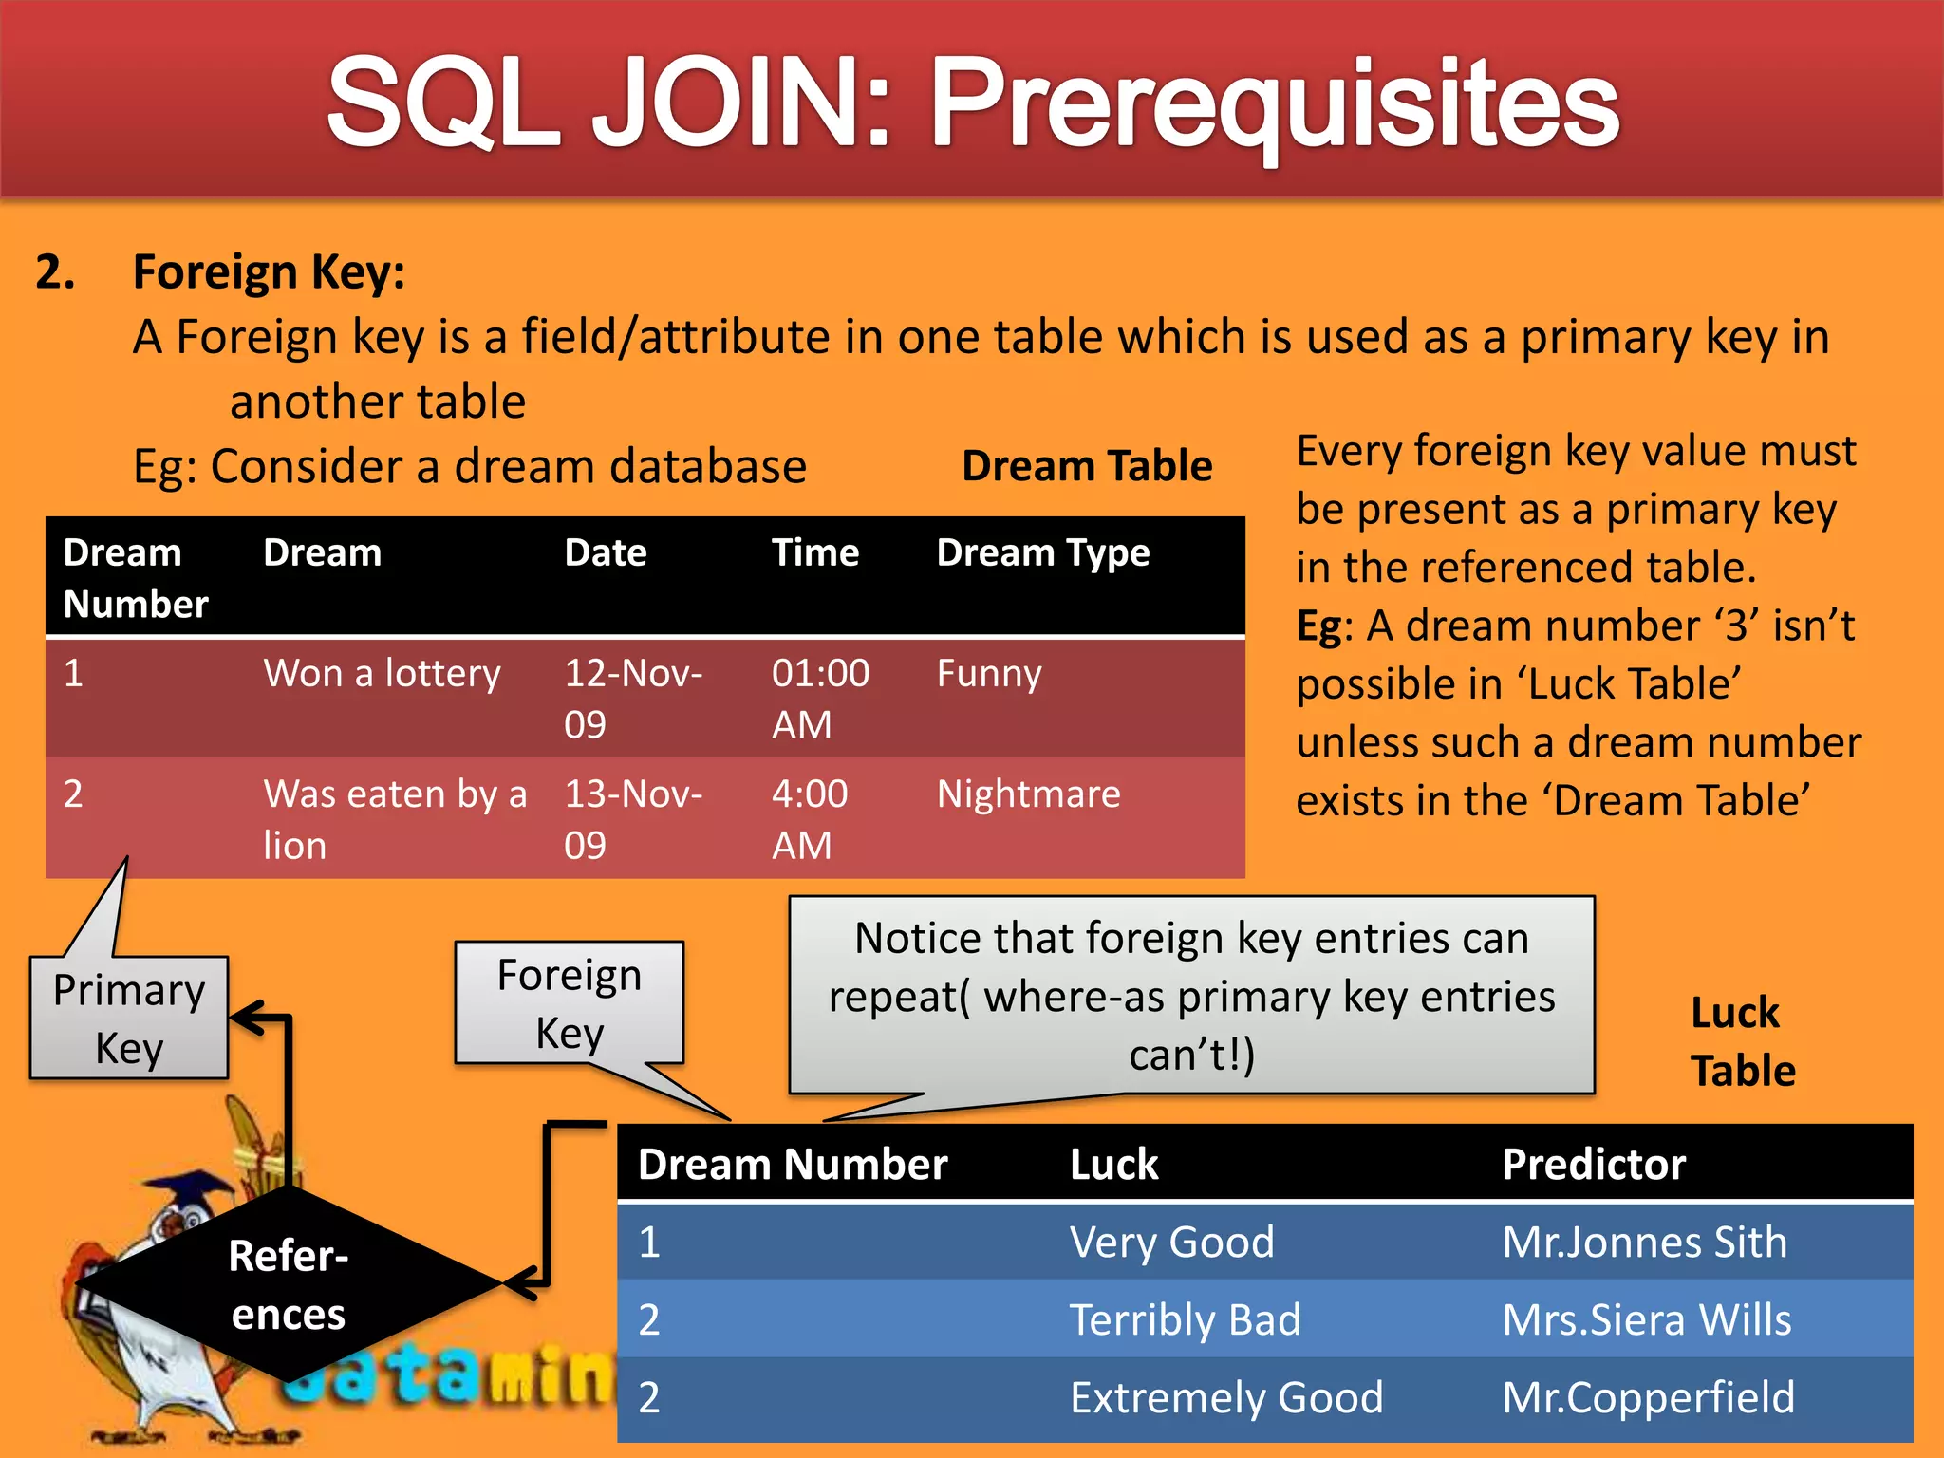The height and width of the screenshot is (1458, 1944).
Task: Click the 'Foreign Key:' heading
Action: pyautogui.click(x=269, y=272)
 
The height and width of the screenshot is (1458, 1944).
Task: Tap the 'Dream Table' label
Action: pyautogui.click(x=1087, y=466)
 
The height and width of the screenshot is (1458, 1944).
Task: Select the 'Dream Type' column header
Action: pyautogui.click(x=1042, y=552)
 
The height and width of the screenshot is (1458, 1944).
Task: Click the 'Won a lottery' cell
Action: pyautogui.click(x=382, y=674)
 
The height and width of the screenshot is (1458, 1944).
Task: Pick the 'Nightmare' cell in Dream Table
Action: pyautogui.click(x=1028, y=794)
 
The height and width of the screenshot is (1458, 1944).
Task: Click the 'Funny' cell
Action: pyautogui.click(x=988, y=674)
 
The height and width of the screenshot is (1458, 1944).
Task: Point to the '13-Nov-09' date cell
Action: pyautogui.click(x=632, y=818)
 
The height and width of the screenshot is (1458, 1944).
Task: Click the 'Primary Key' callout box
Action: pyautogui.click(x=129, y=1019)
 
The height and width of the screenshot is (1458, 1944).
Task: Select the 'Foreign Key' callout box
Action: pyautogui.click(x=569, y=1003)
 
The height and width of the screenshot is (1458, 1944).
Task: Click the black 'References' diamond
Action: pyautogui.click(x=289, y=1284)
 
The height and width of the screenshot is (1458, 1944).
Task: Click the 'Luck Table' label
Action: pyautogui.click(x=1742, y=1041)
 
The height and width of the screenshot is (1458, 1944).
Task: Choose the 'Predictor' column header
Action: pyautogui.click(x=1593, y=1165)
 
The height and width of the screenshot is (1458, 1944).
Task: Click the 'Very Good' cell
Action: pyautogui.click(x=1171, y=1243)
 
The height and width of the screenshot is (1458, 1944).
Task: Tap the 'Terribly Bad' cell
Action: pyautogui.click(x=1185, y=1320)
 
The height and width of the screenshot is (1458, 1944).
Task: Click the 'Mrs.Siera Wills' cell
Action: pyautogui.click(x=1646, y=1320)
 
